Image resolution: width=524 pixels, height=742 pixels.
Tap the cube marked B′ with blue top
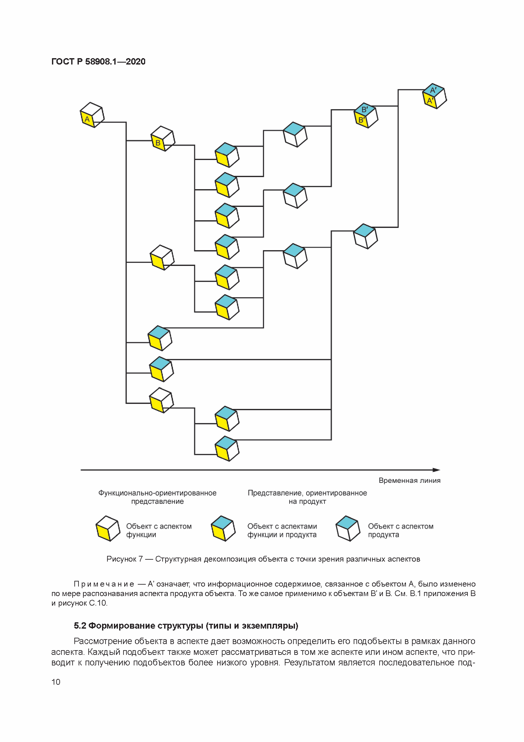[x=366, y=115]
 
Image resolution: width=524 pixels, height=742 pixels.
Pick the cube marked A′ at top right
[x=435, y=96]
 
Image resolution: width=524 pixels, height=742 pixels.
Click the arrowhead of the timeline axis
[x=437, y=470]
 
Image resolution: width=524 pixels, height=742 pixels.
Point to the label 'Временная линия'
[x=409, y=481]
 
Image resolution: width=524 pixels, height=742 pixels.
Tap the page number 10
[x=56, y=682]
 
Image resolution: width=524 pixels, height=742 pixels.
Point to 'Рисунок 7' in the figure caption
[x=124, y=559]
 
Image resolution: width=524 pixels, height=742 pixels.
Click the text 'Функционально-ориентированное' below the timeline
[x=157, y=493]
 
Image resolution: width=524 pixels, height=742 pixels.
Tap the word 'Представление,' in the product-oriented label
[x=275, y=493]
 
